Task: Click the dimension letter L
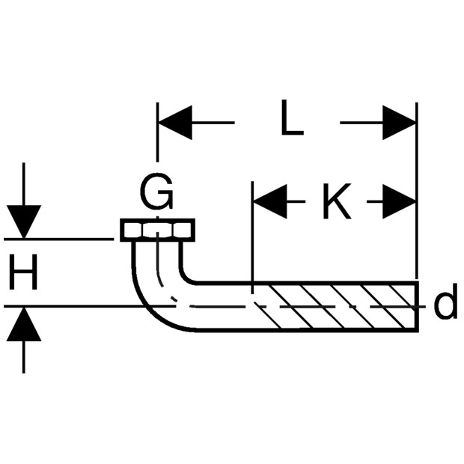tap(292, 117)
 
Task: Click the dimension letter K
tap(337, 201)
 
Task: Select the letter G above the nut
tap(156, 192)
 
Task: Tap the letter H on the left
tap(23, 272)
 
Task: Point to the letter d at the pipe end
tap(445, 302)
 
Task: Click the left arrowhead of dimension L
tap(175, 122)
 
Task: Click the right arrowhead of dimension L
tap(399, 122)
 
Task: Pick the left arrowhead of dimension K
tap(270, 201)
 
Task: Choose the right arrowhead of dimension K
tap(399, 201)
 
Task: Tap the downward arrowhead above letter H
tap(24, 222)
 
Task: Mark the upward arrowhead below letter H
tap(24, 324)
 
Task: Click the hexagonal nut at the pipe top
tap(157, 231)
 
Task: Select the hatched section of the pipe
tap(335, 307)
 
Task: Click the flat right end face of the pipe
tap(417, 307)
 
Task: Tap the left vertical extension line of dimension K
tap(252, 237)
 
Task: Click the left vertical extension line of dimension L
tap(157, 132)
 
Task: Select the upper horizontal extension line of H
tap(58, 239)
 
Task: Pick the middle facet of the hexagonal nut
tap(157, 231)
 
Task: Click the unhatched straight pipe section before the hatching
tap(224, 307)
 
